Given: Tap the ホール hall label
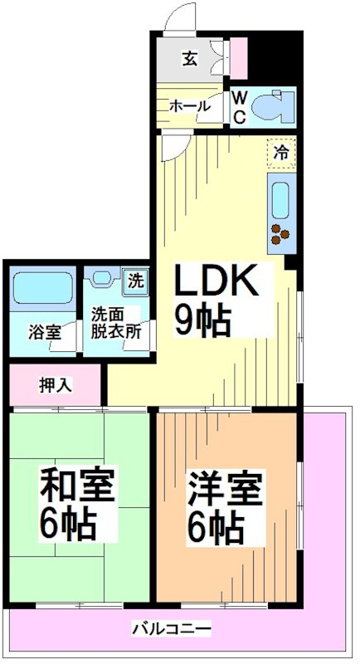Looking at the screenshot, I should point(189,105).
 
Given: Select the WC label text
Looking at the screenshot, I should point(238,107).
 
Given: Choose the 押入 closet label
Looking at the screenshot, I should point(56,385).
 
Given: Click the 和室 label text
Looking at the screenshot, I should point(78,485).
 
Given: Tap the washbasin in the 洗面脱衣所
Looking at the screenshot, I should point(105,280).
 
